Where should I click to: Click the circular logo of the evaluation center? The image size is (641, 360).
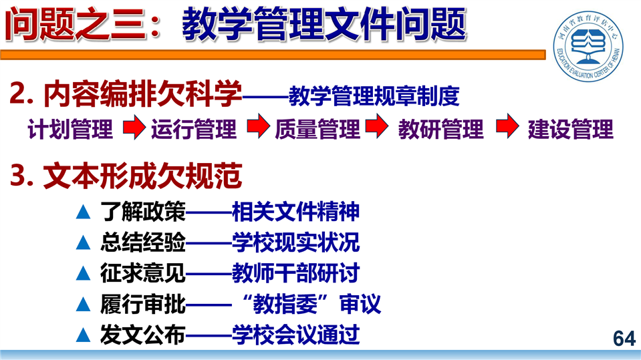588,45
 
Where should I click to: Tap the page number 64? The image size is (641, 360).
624,339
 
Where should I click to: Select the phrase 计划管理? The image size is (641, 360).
70,129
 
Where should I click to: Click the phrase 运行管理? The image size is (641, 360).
194,129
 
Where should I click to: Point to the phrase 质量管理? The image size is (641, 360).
317,129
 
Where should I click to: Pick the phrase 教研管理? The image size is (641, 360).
440,129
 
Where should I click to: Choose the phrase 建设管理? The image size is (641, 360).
571,129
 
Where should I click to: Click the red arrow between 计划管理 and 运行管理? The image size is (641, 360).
134,127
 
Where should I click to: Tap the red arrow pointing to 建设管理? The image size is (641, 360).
507,126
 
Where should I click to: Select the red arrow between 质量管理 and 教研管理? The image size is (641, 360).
377,126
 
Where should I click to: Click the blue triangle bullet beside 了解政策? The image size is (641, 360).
83,212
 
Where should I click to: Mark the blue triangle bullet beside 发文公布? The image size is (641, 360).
83,335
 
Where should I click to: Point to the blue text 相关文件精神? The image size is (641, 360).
295,212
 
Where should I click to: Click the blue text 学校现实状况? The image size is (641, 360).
295,242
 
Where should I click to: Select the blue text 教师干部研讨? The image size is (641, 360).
295,273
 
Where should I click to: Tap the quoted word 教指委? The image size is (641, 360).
285,304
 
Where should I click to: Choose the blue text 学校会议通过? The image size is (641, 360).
295,335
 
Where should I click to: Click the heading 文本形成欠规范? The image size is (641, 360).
142,176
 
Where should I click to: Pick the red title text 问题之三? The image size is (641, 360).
76,25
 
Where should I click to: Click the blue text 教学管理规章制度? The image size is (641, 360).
374,96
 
